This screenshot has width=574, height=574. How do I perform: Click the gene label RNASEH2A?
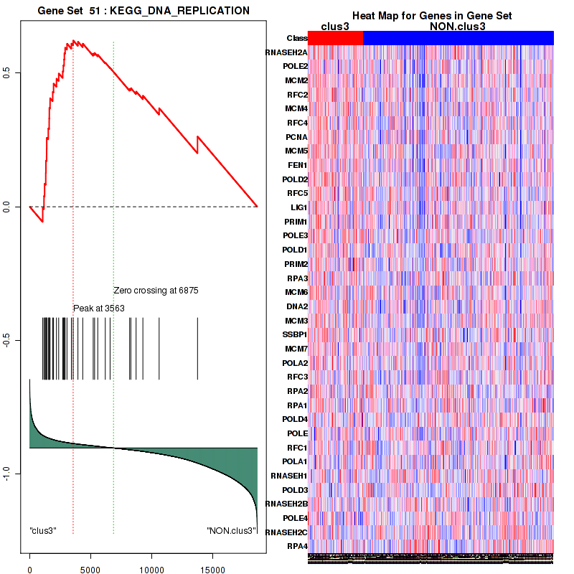[x=286, y=52]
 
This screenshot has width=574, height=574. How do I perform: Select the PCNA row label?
[x=296, y=137]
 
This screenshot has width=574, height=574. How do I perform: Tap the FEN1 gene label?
[x=297, y=165]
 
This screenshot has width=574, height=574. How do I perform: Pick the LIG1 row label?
[x=298, y=207]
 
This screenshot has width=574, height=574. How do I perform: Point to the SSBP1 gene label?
[x=295, y=334]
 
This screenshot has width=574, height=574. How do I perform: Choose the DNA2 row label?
[x=296, y=306]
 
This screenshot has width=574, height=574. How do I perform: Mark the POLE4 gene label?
[x=295, y=518]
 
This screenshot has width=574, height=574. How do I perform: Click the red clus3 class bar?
[x=335, y=38]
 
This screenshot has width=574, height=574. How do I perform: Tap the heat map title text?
[x=431, y=16]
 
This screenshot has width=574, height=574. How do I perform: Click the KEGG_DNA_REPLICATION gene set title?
[x=143, y=11]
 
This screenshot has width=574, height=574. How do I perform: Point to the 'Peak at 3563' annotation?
[x=99, y=308]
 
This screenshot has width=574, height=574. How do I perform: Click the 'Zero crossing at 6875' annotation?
[x=156, y=291]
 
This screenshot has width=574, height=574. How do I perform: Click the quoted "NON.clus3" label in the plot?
[x=231, y=531]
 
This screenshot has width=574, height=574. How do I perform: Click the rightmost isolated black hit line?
[x=197, y=348]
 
